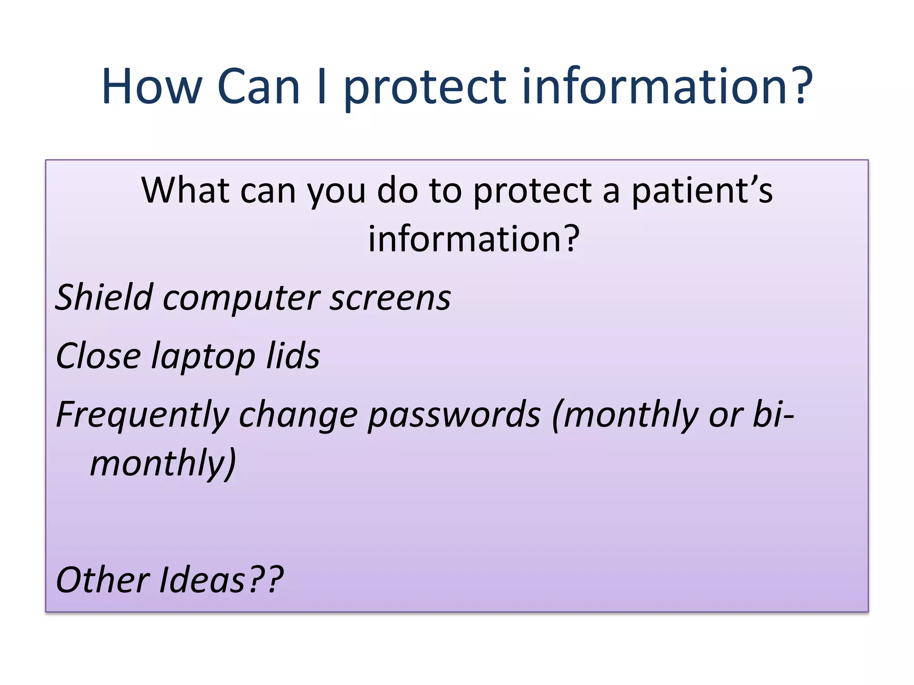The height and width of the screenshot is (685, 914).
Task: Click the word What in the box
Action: point(185,190)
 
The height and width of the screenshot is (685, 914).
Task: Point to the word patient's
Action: point(702,191)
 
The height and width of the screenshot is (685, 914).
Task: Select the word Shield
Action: point(104,297)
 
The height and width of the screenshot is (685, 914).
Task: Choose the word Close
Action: point(98,356)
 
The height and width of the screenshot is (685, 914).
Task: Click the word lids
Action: point(293,356)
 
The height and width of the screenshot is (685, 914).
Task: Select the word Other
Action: point(103,580)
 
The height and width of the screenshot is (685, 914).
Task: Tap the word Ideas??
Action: point(221,580)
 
